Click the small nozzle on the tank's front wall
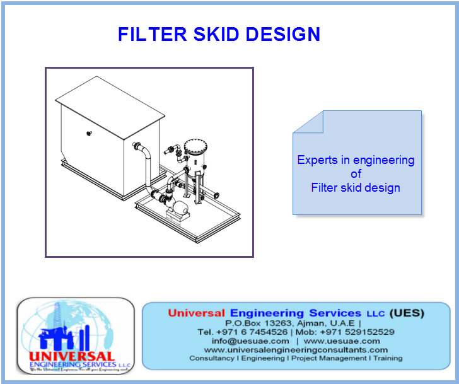[x=89, y=132]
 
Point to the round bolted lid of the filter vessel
[x=195, y=151]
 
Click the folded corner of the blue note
[x=308, y=121]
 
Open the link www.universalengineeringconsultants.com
[x=296, y=349]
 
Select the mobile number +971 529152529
[x=357, y=332]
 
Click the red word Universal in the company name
[x=196, y=313]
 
